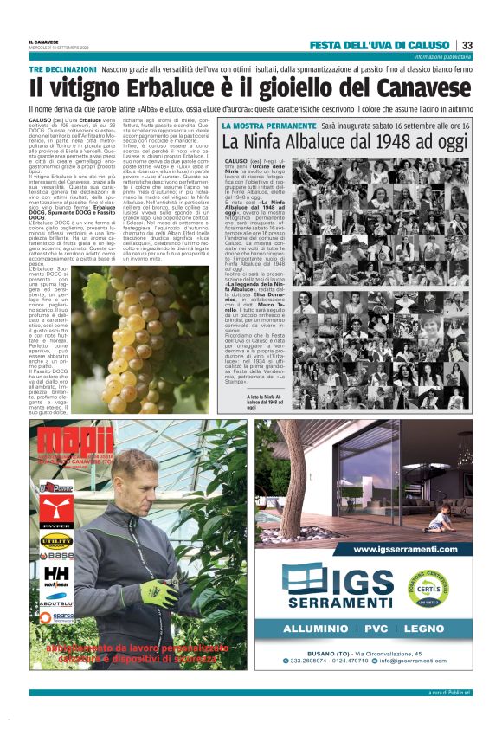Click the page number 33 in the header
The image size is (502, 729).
[467, 46]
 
